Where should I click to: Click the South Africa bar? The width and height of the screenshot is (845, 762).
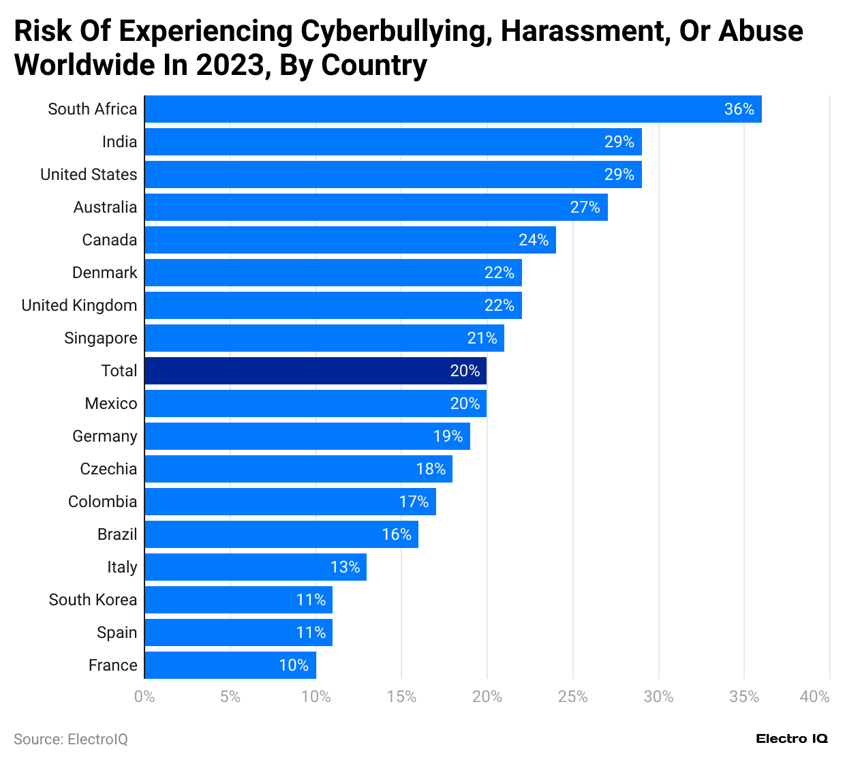coord(452,109)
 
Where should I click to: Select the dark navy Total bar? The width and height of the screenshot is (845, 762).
coord(316,371)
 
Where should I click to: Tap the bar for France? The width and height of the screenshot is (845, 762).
coord(230,665)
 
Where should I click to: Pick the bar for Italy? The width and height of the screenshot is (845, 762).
coord(256,567)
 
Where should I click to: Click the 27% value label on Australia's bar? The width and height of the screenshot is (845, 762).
coord(585,207)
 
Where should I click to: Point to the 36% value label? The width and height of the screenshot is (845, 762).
coord(739,109)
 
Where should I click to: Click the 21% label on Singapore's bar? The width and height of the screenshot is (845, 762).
coord(482,338)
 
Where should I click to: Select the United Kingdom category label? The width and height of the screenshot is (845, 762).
coord(79,305)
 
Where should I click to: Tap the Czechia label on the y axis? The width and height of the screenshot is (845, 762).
coord(108,469)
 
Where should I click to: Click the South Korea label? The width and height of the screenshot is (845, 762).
coord(93,600)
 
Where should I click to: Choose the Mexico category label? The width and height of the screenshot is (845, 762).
coord(111,403)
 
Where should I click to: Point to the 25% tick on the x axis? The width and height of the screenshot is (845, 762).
coord(572,697)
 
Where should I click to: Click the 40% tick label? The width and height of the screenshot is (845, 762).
coord(814,697)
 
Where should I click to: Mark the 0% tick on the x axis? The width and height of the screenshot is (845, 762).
coord(144,697)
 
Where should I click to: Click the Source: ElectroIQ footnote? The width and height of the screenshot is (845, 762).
coord(71,740)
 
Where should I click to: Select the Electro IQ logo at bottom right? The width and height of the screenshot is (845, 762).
coord(792,739)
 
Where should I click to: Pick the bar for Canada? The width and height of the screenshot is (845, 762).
coord(350,240)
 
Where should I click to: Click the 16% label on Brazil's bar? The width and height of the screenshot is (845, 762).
coord(396,534)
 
